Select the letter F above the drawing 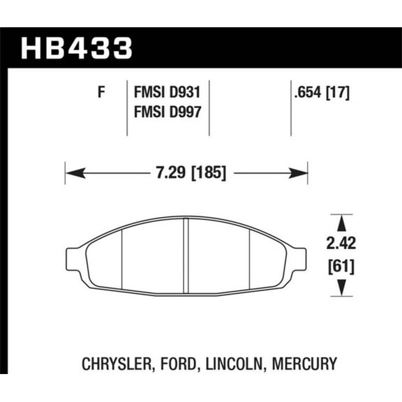pyautogui.click(x=101, y=91)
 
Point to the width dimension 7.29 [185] pyautogui.click(x=186, y=172)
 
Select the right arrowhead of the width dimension pyautogui.click(x=301, y=172)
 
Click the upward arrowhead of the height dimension pyautogui.click(x=341, y=223)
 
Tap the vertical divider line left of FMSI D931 pyautogui.click(x=126, y=108)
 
